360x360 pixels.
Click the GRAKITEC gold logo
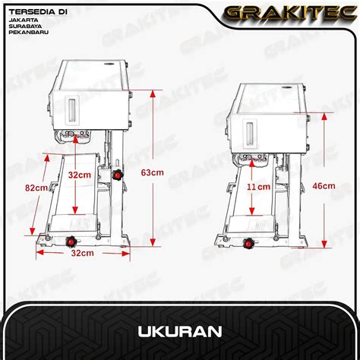point(291,13)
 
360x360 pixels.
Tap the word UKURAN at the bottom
point(180,332)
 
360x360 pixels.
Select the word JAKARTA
point(24,20)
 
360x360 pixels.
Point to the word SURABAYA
point(25,26)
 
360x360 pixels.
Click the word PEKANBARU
point(29,33)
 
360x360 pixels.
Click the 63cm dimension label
point(152,172)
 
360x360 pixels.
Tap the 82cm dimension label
point(36,188)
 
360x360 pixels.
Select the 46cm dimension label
point(324,186)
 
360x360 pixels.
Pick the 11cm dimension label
point(258,187)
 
